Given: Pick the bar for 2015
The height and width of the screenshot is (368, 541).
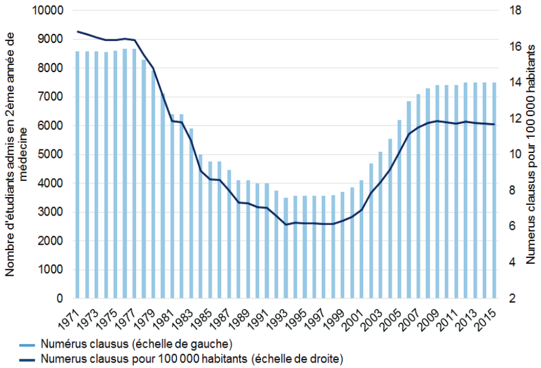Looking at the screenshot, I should [x=494, y=190].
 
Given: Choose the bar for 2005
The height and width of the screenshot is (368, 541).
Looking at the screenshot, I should [x=400, y=209].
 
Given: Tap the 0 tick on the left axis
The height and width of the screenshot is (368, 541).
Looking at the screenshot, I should [x=61, y=298].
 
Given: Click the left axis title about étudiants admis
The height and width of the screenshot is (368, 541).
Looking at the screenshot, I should [x=17, y=155].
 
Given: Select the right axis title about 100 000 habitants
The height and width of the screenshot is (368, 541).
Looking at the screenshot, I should [x=531, y=155].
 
